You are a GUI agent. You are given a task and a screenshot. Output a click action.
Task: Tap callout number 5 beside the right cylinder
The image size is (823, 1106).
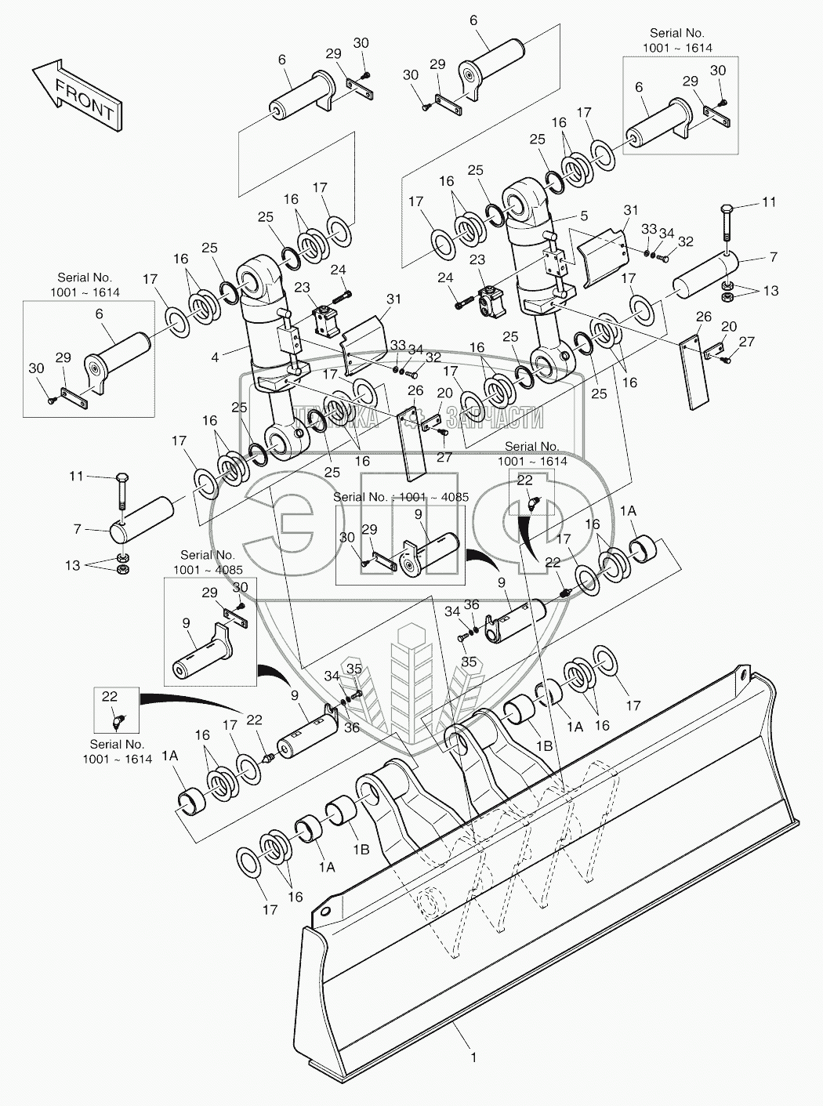click(584, 215)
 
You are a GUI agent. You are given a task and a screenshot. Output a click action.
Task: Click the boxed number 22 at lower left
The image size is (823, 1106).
click(109, 695)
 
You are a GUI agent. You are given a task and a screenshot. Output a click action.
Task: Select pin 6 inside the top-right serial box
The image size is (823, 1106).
click(658, 125)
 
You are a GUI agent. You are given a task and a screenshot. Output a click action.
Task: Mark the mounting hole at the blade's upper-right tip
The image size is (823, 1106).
click(739, 672)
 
